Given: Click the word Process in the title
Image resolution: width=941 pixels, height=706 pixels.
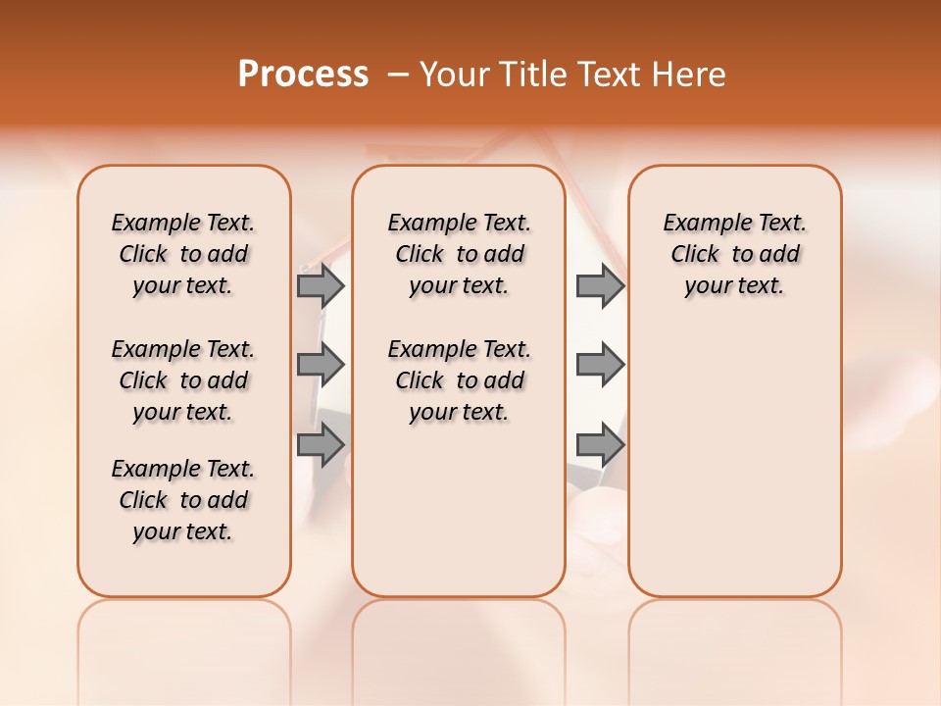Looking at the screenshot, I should [303, 75].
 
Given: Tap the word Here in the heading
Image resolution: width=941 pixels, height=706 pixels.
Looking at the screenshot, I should [690, 75].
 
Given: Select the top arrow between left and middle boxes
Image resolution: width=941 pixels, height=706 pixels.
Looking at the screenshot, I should [321, 285].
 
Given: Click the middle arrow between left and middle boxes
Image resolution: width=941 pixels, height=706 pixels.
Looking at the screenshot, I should [321, 365].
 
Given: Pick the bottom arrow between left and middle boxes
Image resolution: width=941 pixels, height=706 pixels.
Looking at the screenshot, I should [321, 445].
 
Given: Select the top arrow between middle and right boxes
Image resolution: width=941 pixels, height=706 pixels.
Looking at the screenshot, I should [600, 285].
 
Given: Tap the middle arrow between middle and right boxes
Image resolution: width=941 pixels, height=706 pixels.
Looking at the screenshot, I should [600, 365].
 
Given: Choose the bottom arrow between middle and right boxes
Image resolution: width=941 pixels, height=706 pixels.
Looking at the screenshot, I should [600, 445].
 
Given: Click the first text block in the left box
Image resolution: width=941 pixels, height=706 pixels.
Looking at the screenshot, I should [183, 254].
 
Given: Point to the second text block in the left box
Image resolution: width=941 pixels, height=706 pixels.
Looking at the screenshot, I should [183, 380].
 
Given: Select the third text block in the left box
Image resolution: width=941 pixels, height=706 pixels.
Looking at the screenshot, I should [183, 500].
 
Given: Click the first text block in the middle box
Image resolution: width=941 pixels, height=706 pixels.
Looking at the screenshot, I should [459, 254].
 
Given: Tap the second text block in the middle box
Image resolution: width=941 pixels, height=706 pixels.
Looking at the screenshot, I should [459, 380].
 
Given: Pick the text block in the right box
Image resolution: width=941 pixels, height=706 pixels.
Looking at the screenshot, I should [734, 254].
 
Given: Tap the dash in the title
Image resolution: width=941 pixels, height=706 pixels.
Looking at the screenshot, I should [398, 75].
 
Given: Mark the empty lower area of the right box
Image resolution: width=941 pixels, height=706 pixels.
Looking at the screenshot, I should [734, 461].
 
